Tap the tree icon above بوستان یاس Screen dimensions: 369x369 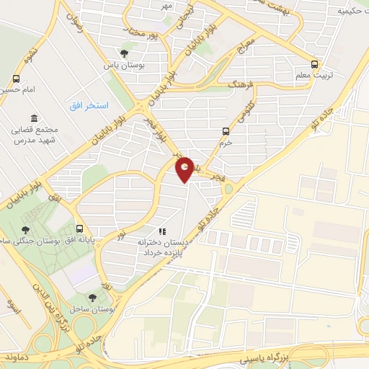click(124, 53)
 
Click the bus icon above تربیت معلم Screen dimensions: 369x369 click(313, 63)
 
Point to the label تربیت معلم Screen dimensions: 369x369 click(313, 75)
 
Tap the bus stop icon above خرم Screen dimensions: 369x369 click(226, 131)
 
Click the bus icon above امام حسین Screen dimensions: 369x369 click(19, 80)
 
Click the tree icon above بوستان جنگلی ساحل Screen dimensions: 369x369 click(26, 229)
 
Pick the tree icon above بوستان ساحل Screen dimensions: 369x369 click(92, 297)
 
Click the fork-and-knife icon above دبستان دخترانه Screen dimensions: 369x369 click(163, 232)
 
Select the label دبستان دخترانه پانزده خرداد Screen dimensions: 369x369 click(164, 249)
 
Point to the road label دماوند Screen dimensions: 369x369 click(14, 356)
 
